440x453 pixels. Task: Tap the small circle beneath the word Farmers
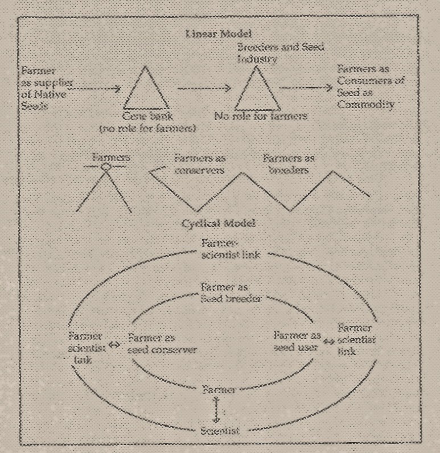(104, 167)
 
